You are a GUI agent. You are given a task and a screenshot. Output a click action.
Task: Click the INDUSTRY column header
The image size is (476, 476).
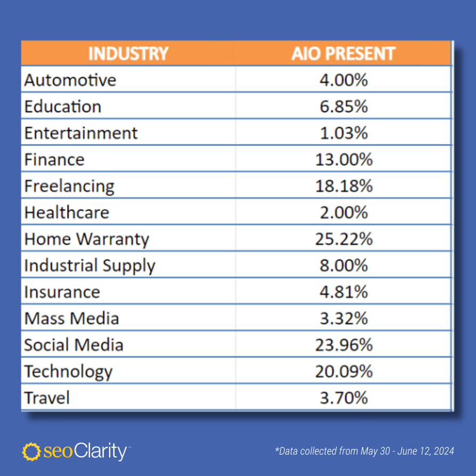click(x=128, y=53)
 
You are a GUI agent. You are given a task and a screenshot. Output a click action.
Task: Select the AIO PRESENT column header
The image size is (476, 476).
click(x=343, y=53)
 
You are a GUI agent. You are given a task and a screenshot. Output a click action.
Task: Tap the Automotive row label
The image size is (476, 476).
click(x=70, y=80)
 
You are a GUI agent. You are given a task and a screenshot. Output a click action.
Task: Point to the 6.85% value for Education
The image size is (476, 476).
click(x=343, y=106)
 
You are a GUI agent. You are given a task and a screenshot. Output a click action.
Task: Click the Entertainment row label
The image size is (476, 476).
click(x=81, y=133)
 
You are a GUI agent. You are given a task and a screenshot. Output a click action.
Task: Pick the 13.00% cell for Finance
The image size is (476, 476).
click(x=343, y=159)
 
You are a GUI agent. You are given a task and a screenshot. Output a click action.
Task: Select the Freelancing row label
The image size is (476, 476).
click(x=69, y=186)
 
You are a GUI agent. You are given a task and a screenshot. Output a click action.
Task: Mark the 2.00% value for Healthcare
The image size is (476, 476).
click(x=343, y=212)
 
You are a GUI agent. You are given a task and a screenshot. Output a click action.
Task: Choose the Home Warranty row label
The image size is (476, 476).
click(x=86, y=239)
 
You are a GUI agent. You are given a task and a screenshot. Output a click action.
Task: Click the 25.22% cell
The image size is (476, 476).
click(x=343, y=239)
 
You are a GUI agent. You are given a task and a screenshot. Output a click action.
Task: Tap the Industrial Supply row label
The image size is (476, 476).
click(x=89, y=266)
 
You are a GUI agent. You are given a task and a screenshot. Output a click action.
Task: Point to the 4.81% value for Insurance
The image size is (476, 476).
click(x=343, y=292)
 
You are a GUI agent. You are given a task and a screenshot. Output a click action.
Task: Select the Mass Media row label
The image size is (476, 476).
click(x=71, y=318)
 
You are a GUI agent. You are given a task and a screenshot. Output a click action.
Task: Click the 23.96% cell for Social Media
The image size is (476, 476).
click(x=343, y=345)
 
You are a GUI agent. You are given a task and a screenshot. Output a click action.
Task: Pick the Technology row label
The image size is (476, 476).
click(x=68, y=371)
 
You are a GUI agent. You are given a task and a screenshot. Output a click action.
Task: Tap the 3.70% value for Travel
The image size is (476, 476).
click(x=343, y=398)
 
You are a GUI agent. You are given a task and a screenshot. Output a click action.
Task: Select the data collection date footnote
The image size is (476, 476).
click(x=364, y=451)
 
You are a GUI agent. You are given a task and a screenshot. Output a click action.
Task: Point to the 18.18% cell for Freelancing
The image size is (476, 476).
click(x=343, y=186)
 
